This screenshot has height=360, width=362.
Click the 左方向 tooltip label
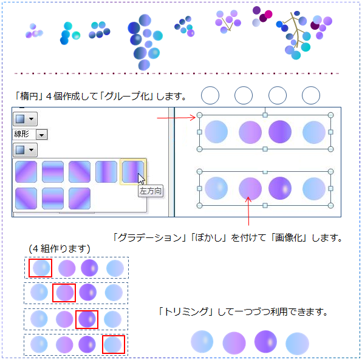[x=151, y=191]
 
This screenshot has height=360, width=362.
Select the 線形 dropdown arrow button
[x=41, y=135]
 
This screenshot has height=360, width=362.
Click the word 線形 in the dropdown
[x=22, y=134]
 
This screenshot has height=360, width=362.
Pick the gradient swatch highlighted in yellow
[x=133, y=172]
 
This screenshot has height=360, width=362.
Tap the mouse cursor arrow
[x=142, y=179]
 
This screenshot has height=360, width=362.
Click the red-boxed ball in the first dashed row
[x=41, y=268]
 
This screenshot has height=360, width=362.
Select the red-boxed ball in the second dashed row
[x=65, y=293]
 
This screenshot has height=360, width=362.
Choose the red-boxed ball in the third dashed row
[x=87, y=319]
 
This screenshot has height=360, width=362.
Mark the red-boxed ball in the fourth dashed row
[x=112, y=345]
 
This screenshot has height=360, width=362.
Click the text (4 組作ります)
[x=60, y=249]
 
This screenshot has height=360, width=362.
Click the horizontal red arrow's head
[x=193, y=117]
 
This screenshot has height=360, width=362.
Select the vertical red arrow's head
[x=248, y=199]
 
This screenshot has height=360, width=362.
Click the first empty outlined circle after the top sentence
[x=210, y=95]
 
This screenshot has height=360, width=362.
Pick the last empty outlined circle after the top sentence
[x=311, y=95]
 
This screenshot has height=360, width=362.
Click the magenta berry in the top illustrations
[x=268, y=14]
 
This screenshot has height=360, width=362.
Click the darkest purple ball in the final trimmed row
[x=265, y=342]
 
